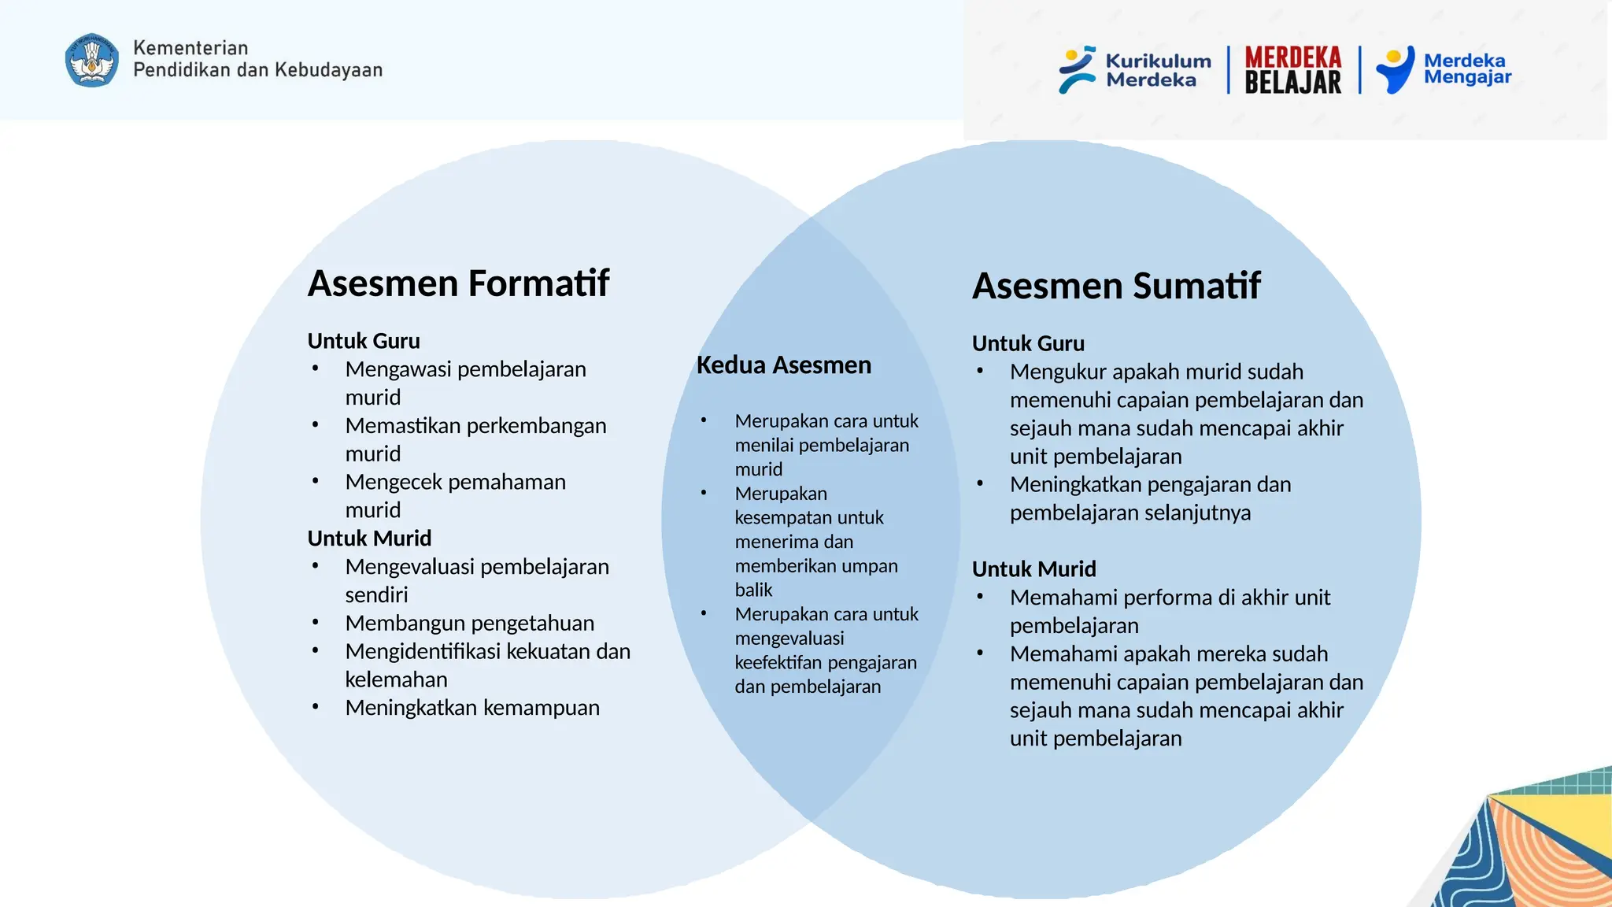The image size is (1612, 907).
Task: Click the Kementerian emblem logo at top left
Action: click(x=92, y=60)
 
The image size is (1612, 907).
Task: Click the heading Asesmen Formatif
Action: click(x=458, y=283)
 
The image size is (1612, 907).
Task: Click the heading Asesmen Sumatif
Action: click(x=1115, y=286)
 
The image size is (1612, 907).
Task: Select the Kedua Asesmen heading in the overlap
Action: click(x=783, y=365)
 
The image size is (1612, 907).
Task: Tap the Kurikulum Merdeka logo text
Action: click(x=1157, y=70)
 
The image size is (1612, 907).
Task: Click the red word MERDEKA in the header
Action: click(x=1292, y=57)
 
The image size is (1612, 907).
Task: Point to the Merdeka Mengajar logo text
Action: click(x=1466, y=68)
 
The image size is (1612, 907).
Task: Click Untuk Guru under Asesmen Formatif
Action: click(x=364, y=341)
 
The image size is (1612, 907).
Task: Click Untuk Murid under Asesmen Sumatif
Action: click(x=1033, y=569)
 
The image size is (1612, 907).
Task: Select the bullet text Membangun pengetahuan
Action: click(x=469, y=623)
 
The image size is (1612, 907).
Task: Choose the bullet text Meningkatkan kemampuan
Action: click(x=472, y=708)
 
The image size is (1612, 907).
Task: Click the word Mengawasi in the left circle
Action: click(x=397, y=369)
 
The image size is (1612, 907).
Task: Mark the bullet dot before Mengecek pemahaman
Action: click(x=315, y=481)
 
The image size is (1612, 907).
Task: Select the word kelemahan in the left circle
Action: click(x=396, y=679)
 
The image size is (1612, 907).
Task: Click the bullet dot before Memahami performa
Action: click(x=980, y=597)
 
